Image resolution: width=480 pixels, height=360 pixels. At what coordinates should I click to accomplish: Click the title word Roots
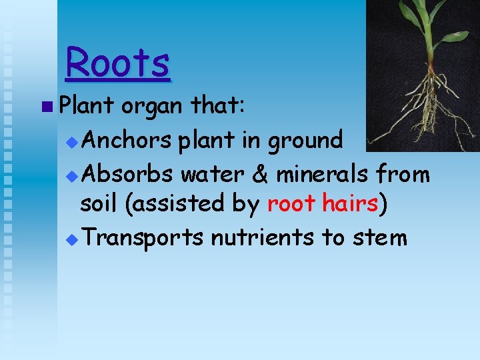[x=118, y=63]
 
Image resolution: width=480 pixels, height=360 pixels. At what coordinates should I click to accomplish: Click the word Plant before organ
[x=85, y=105]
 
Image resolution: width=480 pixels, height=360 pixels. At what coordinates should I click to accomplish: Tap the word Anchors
[x=129, y=140]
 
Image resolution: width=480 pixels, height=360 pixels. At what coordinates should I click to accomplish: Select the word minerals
[x=323, y=174]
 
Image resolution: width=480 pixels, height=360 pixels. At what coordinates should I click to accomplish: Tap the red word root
[x=291, y=205]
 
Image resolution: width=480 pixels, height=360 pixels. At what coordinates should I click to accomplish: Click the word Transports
[x=144, y=238]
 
